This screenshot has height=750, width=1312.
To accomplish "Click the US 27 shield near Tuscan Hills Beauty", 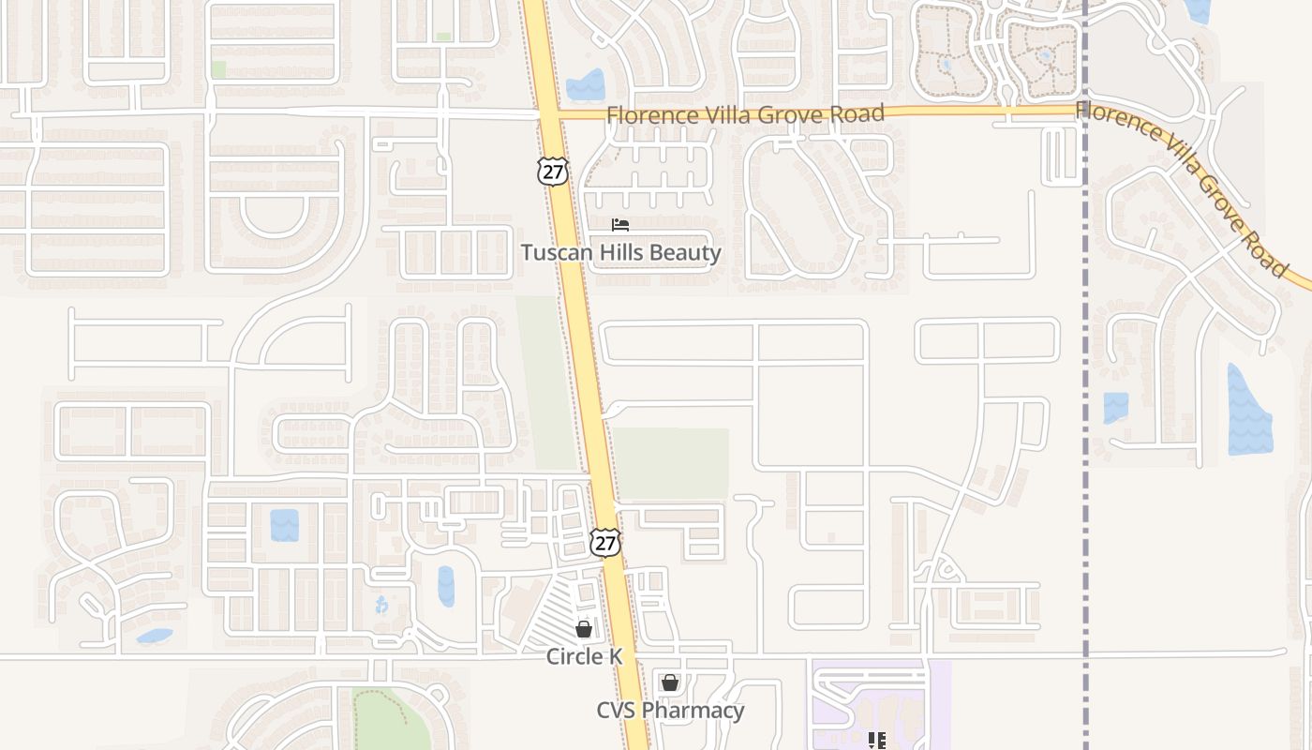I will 553,171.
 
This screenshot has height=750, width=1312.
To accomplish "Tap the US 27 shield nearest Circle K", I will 605,542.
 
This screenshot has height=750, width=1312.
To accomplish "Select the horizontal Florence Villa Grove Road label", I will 745,114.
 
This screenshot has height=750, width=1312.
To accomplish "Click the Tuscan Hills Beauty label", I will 621,252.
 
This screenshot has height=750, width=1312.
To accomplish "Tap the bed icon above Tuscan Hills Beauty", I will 620,225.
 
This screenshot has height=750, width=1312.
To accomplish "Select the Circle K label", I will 585,656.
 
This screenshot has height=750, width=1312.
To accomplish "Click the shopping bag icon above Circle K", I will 584,629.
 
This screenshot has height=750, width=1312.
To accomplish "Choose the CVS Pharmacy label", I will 670,710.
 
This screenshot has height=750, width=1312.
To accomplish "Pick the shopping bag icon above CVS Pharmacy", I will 669,682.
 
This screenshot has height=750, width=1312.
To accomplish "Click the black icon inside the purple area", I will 877,741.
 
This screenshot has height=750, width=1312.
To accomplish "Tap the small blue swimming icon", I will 381,605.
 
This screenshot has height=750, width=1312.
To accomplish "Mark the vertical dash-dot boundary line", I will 1086,375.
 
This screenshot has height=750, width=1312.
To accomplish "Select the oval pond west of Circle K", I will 446,586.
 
